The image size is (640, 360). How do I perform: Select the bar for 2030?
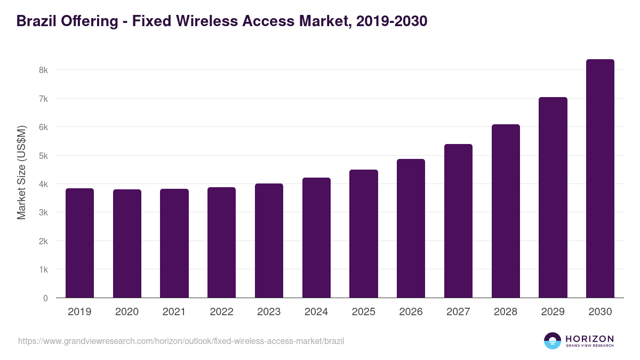click(600, 179)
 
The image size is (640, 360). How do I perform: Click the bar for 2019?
click(79, 243)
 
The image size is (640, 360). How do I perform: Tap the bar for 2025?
click(364, 234)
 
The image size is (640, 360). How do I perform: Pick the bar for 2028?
click(506, 211)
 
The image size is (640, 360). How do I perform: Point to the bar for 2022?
click(221, 243)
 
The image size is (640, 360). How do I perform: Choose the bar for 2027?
click(458, 221)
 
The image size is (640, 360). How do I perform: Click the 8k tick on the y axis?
click(43, 70)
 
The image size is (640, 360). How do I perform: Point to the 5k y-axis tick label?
click(43, 156)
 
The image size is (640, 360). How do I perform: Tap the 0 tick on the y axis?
click(45, 298)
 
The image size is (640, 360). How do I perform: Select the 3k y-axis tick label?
click(43, 213)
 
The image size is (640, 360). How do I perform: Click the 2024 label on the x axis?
click(316, 312)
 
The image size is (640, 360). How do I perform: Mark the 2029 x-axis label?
click(553, 312)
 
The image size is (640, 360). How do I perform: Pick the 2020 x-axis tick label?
click(127, 312)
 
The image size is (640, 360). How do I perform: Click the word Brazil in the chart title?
click(36, 21)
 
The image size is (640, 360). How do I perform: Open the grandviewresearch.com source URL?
click(181, 341)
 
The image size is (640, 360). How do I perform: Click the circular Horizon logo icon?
click(553, 341)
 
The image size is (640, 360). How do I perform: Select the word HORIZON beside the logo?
click(589, 338)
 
